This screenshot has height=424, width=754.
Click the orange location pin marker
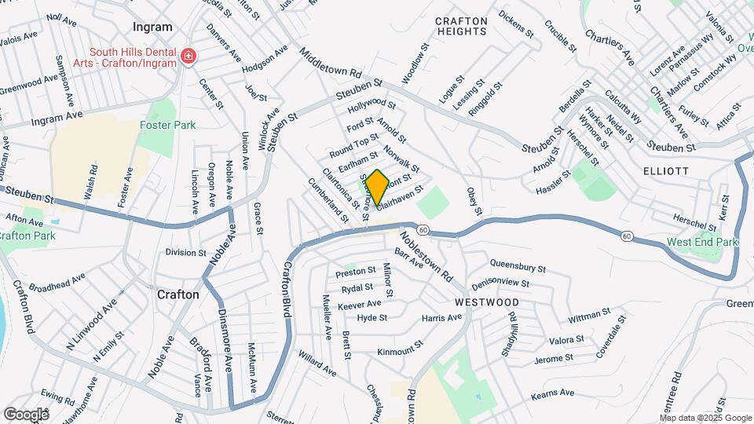click(x=377, y=187)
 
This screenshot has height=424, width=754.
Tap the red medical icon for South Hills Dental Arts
click(x=188, y=56)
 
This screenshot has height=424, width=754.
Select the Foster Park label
click(x=167, y=125)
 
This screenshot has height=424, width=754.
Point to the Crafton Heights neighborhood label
click(x=461, y=26)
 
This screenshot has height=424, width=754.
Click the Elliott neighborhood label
click(x=665, y=170)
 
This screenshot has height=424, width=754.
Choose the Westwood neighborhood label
click(x=486, y=302)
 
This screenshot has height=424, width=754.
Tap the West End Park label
click(x=702, y=242)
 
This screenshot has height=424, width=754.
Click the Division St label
click(x=185, y=253)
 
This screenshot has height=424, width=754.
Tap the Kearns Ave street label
click(x=558, y=397)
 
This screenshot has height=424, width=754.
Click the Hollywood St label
click(x=372, y=104)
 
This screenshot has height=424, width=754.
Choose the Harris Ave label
click(x=442, y=317)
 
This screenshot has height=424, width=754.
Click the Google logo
click(x=26, y=414)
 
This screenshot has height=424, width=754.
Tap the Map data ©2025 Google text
click(x=704, y=418)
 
